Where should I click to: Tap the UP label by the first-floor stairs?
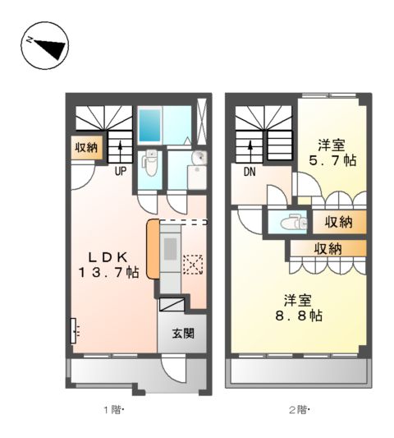tap(120, 172)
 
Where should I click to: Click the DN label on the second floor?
tap(249, 172)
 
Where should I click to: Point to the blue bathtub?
tap(152, 123)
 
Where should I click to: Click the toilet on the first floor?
tap(149, 164)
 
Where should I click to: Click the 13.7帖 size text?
tap(108, 272)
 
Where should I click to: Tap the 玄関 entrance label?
tap(182, 333)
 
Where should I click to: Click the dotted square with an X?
tap(193, 264)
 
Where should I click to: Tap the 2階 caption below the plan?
tap(300, 409)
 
